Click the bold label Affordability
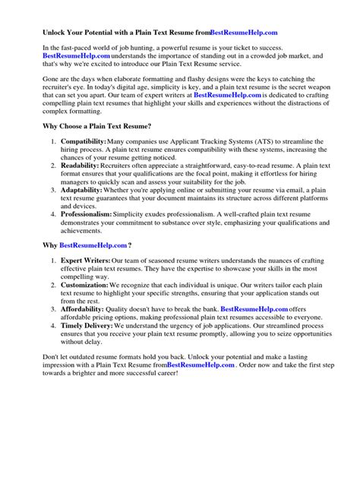coord(84,330)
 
